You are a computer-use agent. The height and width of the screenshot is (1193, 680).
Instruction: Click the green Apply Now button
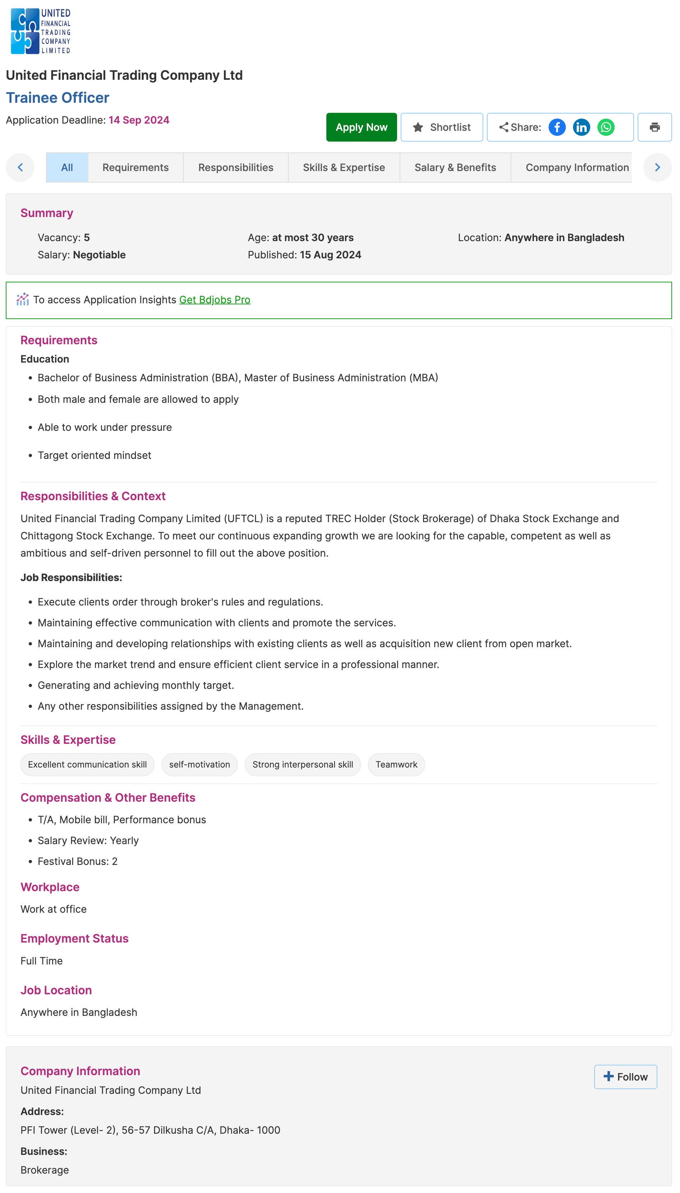pos(361,127)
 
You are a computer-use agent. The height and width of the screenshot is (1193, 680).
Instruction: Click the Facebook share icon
pos(557,127)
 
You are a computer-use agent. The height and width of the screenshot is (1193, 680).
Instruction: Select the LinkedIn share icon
pos(581,127)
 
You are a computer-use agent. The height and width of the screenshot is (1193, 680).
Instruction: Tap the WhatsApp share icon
pos(605,127)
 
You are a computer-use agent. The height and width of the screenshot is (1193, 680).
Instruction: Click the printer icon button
pos(654,127)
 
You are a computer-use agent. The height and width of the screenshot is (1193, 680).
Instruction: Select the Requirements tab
pos(135,167)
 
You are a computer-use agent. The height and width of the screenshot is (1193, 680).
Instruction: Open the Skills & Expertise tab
pos(344,167)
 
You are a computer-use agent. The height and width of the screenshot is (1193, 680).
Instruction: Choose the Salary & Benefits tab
pos(455,167)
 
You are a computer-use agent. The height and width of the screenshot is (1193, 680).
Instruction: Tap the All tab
pos(67,167)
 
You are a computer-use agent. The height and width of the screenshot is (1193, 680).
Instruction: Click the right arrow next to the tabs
pos(657,167)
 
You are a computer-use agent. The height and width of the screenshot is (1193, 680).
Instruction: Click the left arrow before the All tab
pos(20,167)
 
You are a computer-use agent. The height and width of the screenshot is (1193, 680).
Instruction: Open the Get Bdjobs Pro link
pos(214,300)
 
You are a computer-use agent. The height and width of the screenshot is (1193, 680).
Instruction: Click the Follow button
pos(625,1076)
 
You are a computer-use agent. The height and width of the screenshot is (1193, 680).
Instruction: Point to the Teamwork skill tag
pos(396,765)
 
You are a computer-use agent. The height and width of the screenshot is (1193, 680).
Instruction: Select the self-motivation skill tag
pos(199,765)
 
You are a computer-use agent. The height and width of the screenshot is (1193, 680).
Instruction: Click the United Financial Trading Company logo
pos(41,31)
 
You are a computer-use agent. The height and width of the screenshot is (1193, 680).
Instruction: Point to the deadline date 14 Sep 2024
pos(139,120)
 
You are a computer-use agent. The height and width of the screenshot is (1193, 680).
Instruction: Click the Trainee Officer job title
pos(57,98)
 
